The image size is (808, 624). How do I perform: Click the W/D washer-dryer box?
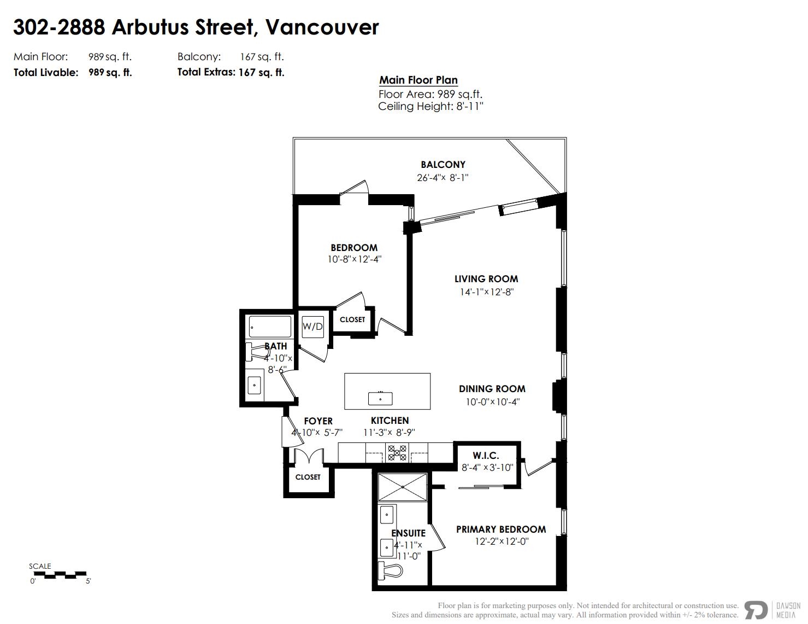click(x=312, y=326)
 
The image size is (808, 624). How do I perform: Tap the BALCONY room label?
click(x=443, y=165)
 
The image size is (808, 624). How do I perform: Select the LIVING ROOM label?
click(x=486, y=279)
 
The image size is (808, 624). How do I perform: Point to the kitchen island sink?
click(x=380, y=398)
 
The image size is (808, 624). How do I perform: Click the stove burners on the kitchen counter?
click(x=397, y=452)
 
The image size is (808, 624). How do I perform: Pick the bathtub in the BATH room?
click(x=270, y=326)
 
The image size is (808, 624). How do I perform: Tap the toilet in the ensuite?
click(x=391, y=570)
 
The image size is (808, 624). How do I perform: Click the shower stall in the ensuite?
click(x=403, y=486)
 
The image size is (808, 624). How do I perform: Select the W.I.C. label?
click(x=486, y=456)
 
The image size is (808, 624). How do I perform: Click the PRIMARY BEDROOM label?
click(x=501, y=529)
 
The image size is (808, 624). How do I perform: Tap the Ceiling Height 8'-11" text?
click(x=430, y=107)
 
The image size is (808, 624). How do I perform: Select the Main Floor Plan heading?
click(x=418, y=80)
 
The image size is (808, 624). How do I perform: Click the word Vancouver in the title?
click(x=322, y=27)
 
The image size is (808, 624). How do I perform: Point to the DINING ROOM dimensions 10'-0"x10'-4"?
click(x=492, y=402)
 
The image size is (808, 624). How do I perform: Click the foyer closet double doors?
click(x=309, y=457)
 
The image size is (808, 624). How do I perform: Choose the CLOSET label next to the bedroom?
click(x=352, y=319)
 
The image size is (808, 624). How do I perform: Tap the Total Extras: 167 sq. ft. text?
click(x=231, y=72)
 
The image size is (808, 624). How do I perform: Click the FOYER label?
click(x=318, y=421)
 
